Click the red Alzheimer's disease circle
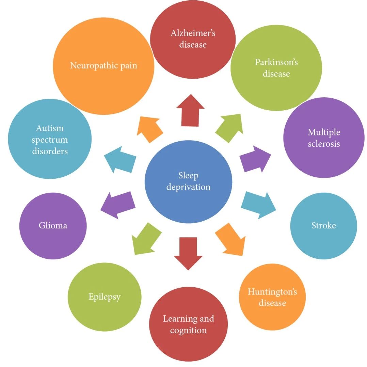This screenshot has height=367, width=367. pyautogui.click(x=193, y=39)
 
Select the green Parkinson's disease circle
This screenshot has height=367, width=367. pyautogui.click(x=276, y=68)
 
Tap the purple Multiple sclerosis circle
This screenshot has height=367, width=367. pyautogui.click(x=324, y=138)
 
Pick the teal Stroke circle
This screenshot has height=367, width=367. pyautogui.click(x=323, y=226)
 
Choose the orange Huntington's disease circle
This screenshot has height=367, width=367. pyautogui.click(x=272, y=297)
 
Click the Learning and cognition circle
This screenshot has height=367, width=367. pyautogui.click(x=188, y=324)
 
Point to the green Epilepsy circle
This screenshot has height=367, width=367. pyautogui.click(x=105, y=297)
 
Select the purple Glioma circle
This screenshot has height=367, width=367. pyautogui.click(x=53, y=226)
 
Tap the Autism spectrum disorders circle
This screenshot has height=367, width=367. pyautogui.click(x=50, y=139)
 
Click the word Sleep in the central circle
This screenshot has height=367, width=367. pyautogui.click(x=188, y=176)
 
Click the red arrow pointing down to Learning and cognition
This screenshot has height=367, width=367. pyautogui.click(x=188, y=252)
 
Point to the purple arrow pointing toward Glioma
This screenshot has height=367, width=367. pyautogui.click(x=118, y=205)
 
